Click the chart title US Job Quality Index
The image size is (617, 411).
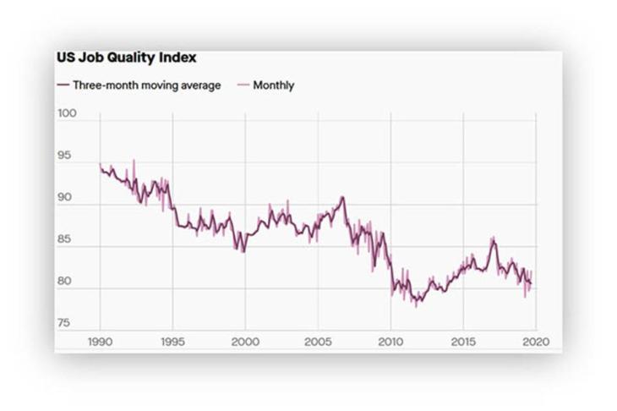(x=126, y=58)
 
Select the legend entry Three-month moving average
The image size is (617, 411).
(x=139, y=85)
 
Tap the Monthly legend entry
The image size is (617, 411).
(x=268, y=85)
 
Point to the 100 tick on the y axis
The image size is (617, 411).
(x=65, y=113)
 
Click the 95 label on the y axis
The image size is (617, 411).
(x=65, y=156)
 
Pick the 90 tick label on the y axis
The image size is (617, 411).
(x=65, y=200)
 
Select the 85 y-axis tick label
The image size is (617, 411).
(x=65, y=241)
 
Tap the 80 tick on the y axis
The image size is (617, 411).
(x=65, y=282)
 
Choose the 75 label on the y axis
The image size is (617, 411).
(x=65, y=323)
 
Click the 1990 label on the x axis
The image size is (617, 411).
(x=101, y=342)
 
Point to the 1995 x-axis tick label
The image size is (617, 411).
(x=172, y=342)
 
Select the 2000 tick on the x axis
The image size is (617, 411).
(x=245, y=342)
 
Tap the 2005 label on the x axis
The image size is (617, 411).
(x=318, y=342)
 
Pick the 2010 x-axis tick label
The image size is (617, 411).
(x=390, y=342)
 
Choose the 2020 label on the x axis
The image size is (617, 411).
(x=535, y=342)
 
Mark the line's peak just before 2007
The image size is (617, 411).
(x=342, y=197)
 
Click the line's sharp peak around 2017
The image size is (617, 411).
(x=493, y=238)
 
